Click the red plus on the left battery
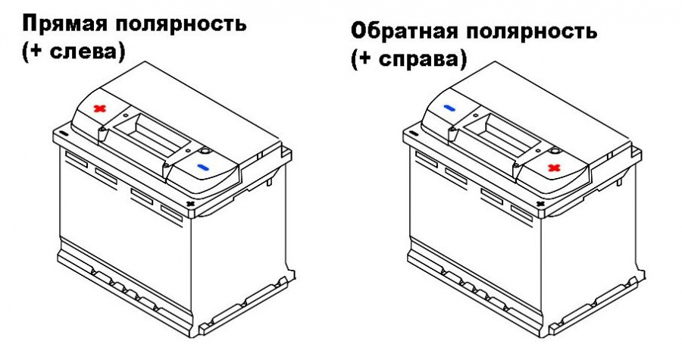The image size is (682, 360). tap(99, 109)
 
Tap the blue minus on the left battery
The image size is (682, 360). tap(202, 166)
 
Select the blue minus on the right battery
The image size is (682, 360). tap(450, 109)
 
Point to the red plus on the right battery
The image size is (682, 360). tap(554, 166)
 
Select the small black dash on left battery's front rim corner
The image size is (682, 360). tap(62, 133)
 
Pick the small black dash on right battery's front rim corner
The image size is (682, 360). tap(414, 133)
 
